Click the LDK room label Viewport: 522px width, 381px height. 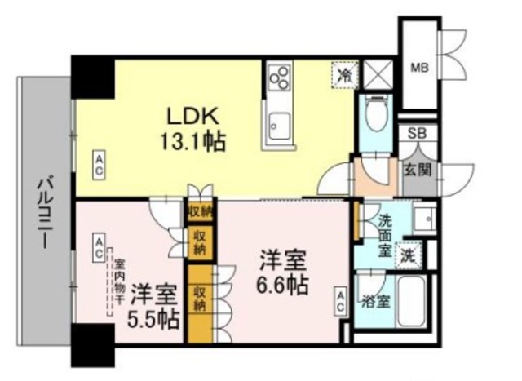187,113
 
